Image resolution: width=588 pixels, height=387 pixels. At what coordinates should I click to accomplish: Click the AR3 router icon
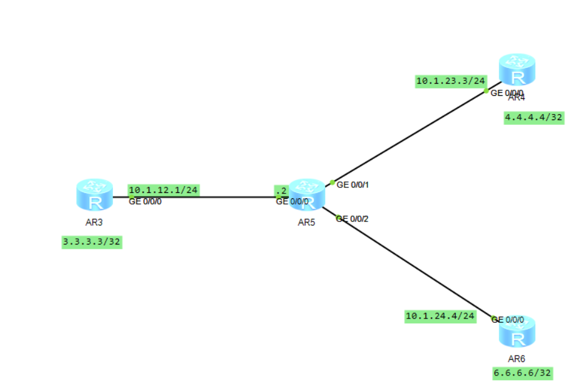[x=95, y=195]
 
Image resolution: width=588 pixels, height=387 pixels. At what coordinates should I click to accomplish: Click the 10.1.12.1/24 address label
[x=163, y=190]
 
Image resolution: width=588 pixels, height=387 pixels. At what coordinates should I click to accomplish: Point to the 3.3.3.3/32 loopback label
[x=92, y=242]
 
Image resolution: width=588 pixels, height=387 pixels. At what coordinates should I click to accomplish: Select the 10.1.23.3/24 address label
[x=450, y=81]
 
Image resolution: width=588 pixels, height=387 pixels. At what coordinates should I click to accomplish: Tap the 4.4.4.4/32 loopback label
[x=534, y=118]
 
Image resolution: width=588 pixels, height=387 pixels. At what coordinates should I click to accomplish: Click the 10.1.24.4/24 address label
[x=440, y=316]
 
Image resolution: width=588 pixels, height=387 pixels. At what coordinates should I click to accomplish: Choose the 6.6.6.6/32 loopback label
[x=522, y=373]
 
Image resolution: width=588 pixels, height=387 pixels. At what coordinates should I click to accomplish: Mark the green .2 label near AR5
[x=280, y=190]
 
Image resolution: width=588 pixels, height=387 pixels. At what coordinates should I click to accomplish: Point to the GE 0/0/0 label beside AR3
[x=145, y=201]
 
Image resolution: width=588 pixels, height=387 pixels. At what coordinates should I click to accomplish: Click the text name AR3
[x=94, y=222]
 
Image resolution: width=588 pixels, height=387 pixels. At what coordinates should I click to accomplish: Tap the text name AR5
[x=306, y=223]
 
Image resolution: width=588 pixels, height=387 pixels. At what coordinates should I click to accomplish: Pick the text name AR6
[x=516, y=358]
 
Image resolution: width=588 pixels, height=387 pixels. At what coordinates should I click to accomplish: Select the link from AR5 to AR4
[x=413, y=134]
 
